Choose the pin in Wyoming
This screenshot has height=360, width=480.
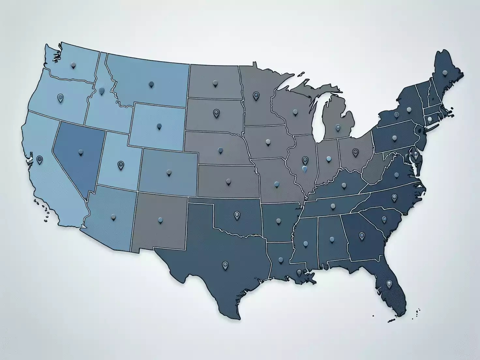[x=159, y=126]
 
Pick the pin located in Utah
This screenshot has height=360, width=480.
[x=121, y=165]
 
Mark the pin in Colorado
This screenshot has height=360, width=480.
[x=169, y=172]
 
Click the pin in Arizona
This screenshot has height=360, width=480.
[x=113, y=217]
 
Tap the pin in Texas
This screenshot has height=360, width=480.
[x=225, y=265]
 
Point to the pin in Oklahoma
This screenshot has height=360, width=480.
[x=237, y=215]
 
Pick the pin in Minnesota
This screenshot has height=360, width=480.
[x=256, y=96]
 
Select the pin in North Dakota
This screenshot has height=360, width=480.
[x=215, y=83]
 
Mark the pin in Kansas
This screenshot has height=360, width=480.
[x=228, y=181]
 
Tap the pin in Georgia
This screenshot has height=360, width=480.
[x=362, y=235]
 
